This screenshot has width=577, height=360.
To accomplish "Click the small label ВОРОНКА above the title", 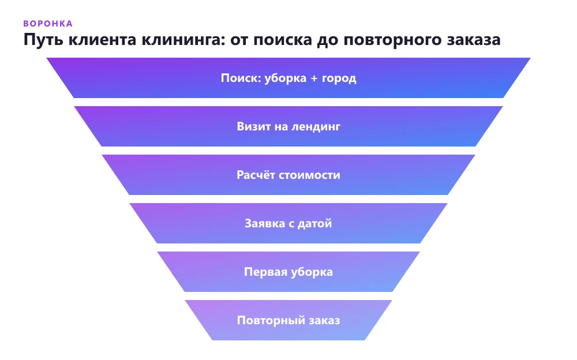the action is tap(48, 24).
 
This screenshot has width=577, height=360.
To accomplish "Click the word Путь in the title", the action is tap(43, 40).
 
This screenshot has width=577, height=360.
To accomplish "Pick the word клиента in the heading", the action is tap(103, 40).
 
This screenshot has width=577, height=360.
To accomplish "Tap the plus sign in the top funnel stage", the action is tap(314, 78).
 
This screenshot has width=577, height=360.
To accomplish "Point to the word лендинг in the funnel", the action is tap(316, 127).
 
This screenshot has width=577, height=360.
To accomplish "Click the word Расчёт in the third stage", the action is tap(256, 174).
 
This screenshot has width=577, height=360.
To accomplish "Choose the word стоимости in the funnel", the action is tap(309, 175).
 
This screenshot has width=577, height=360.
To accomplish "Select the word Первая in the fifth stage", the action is tap(265, 272).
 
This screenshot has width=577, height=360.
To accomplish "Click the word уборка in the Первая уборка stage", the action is tap(312, 272).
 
